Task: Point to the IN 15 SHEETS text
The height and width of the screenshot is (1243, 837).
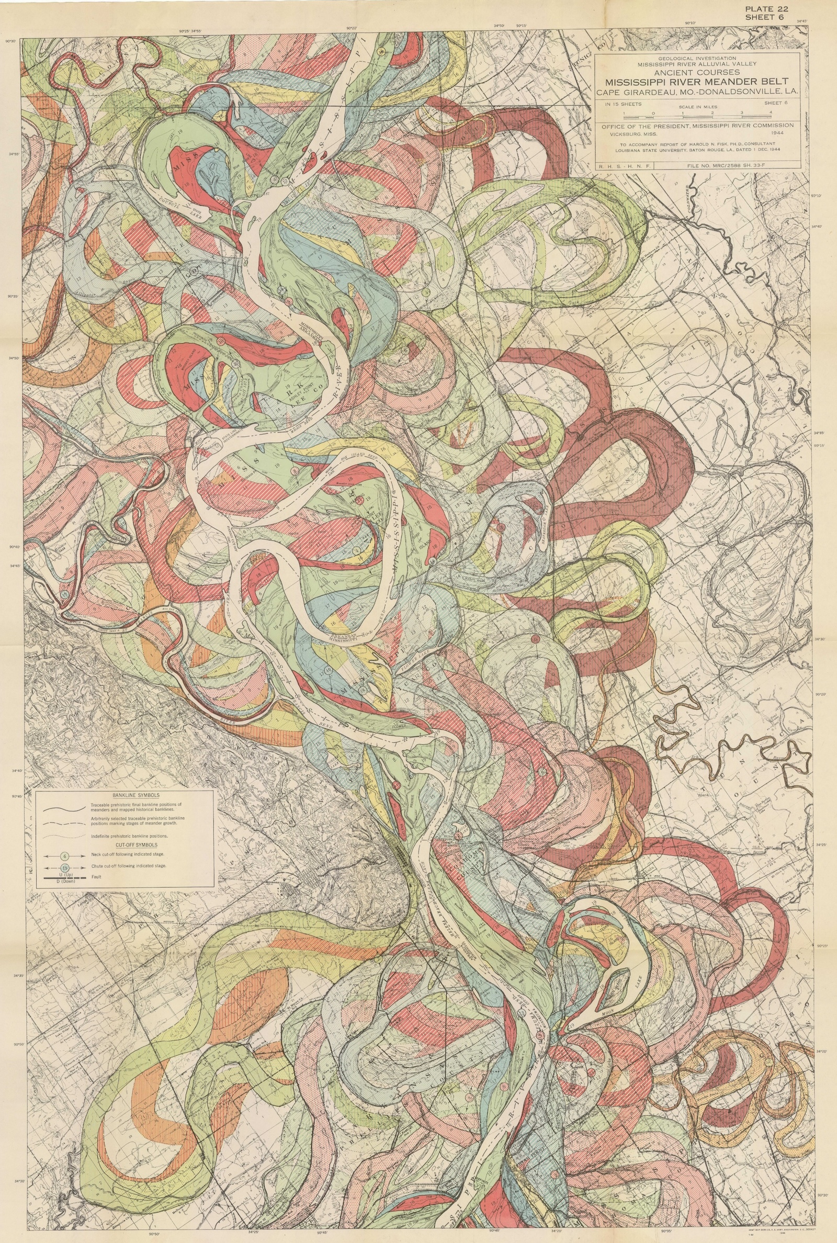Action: (623, 105)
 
